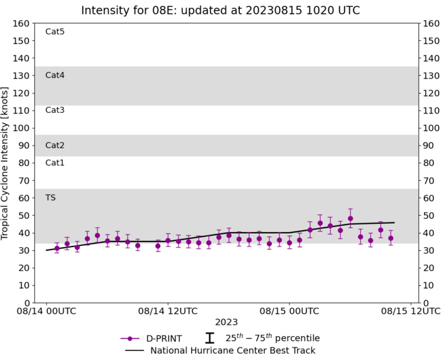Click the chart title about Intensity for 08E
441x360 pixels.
tap(221, 10)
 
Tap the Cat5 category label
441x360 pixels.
tap(55, 32)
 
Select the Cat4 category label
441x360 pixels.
tap(55, 75)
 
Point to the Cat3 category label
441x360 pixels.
tap(55, 110)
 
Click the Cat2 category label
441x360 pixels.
tap(55, 145)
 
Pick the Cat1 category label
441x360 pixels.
tap(55, 163)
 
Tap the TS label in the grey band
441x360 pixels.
tap(50, 197)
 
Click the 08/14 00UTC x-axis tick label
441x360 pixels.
tap(47, 311)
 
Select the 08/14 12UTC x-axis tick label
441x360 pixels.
tap(168, 311)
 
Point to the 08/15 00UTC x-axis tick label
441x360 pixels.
tap(290, 311)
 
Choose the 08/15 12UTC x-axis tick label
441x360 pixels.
tap(411, 311)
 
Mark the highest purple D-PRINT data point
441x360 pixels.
tap(350, 219)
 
